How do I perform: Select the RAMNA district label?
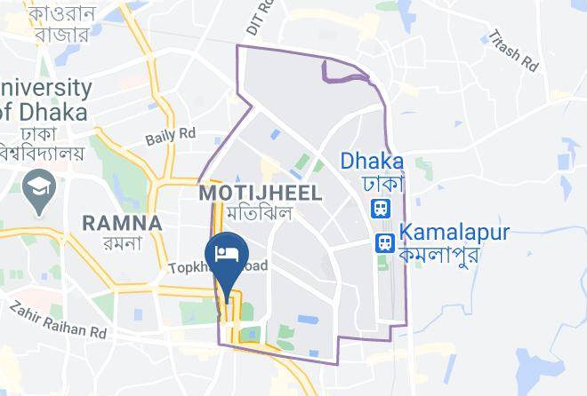coord(122,222)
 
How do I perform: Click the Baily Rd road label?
coord(170,136)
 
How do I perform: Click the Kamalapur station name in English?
coord(454,233)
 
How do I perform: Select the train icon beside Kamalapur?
coord(384,242)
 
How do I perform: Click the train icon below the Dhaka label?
coord(380,209)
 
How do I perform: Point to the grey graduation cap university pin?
coord(41,188)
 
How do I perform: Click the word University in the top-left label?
coord(46,89)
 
